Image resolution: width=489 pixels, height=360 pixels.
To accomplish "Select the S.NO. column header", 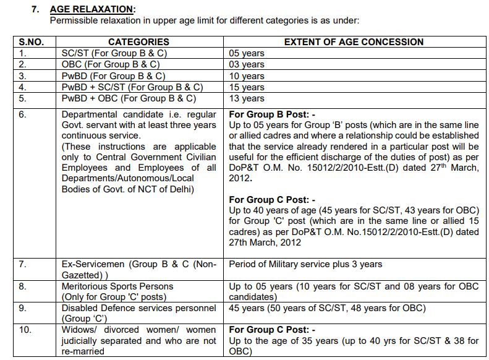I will (32, 42).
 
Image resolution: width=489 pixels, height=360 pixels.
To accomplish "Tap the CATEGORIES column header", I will (138, 42).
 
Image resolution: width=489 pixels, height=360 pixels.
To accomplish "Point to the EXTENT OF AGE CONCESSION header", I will (353, 42).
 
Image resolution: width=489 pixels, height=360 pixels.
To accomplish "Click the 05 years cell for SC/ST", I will (247, 53).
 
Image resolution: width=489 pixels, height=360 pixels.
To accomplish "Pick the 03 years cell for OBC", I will (247, 64).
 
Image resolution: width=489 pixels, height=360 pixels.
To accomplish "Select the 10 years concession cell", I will (247, 76).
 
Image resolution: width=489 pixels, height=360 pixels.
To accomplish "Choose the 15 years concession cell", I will (247, 87).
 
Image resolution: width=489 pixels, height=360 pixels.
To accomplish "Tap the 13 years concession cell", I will (247, 98).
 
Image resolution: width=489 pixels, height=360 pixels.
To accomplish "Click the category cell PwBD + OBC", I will (129, 98).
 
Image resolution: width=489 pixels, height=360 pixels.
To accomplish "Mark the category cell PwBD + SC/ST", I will (132, 87).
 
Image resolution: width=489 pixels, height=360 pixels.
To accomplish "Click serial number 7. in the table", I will (23, 265).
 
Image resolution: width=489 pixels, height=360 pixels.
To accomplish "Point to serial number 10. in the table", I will (25, 330).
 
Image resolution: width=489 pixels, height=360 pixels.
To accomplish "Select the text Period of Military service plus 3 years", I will (305, 265).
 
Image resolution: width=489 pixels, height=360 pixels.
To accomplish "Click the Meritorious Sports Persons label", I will (117, 286).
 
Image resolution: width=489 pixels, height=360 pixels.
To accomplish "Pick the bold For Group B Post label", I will (272, 114).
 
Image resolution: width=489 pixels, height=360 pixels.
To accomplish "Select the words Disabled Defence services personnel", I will (138, 308).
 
